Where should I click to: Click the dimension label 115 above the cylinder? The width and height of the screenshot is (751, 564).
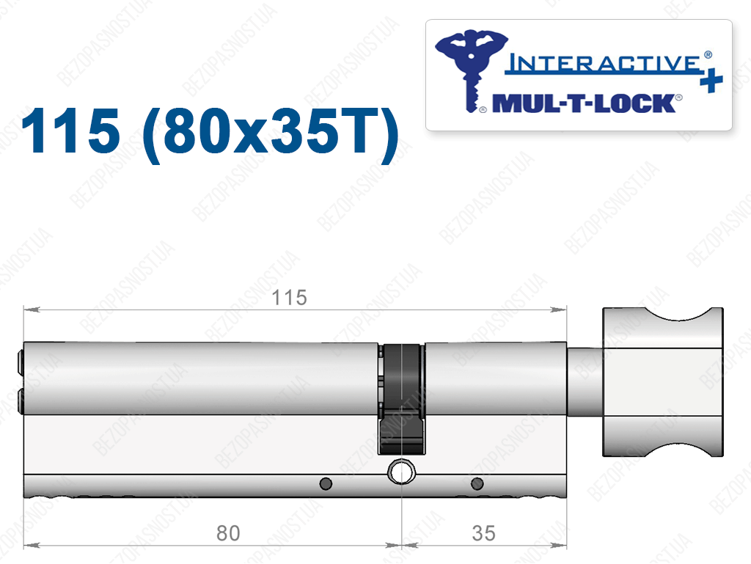pyautogui.click(x=289, y=298)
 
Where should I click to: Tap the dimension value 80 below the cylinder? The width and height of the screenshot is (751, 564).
pyautogui.click(x=228, y=533)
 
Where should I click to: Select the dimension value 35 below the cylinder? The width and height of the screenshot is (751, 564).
pyautogui.click(x=484, y=533)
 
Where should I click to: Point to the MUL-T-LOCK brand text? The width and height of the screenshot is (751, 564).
pyautogui.click(x=584, y=103)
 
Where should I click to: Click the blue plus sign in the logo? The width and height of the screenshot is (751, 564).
pyautogui.click(x=711, y=81)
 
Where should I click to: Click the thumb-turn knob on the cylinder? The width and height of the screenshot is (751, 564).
pyautogui.click(x=663, y=382)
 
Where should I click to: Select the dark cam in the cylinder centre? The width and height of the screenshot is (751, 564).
pyautogui.click(x=401, y=398)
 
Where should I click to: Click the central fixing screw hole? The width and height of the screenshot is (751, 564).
pyautogui.click(x=401, y=472)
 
